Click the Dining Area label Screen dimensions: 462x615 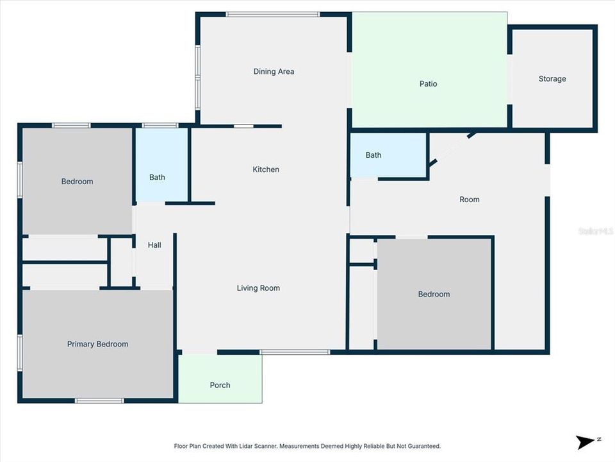tap(274, 72)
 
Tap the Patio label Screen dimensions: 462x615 tap(428, 84)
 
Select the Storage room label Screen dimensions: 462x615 tap(552, 79)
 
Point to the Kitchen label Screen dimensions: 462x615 tap(266, 169)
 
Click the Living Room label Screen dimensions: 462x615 tap(258, 288)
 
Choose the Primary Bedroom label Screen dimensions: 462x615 tap(97, 345)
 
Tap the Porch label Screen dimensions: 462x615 tap(220, 386)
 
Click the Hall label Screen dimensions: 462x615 tap(154, 245)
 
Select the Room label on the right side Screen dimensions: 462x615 tap(469, 200)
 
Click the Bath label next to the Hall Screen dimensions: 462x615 tap(157, 177)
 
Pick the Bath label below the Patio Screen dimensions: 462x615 tap(373, 155)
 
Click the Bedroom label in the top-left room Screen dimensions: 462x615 tap(77, 182)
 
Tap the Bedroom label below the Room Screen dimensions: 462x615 tap(434, 295)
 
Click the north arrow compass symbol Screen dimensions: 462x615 tap(585, 441)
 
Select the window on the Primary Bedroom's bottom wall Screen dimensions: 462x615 tap(99, 401)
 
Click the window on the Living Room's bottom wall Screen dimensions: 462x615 tap(295, 352)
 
